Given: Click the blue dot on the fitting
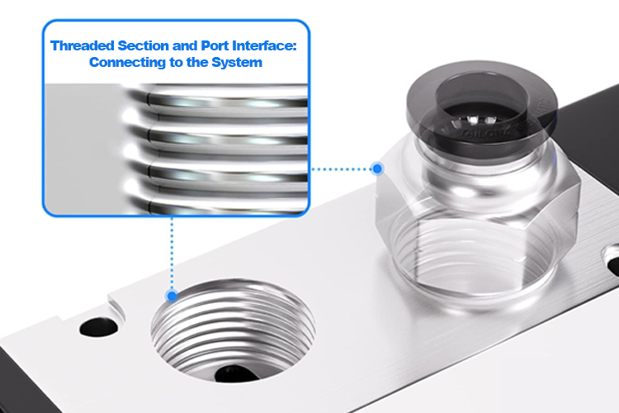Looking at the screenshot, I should pyautogui.click(x=377, y=169).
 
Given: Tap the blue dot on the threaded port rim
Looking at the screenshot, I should pyautogui.click(x=172, y=296).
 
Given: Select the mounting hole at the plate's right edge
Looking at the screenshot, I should pyautogui.click(x=612, y=264).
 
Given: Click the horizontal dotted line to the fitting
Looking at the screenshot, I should pyautogui.click(x=343, y=169).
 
